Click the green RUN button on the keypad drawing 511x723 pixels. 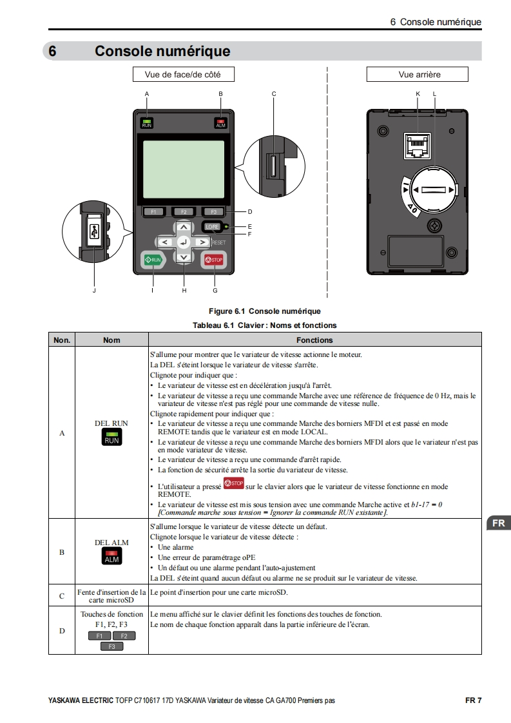point(153,260)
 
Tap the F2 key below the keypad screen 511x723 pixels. point(184,211)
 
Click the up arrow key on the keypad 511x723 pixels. point(184,227)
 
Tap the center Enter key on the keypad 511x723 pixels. point(184,242)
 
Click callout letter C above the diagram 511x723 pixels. point(274,94)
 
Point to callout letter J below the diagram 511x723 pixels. point(94,290)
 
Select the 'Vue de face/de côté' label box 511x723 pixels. point(182,75)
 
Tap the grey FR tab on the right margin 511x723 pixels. point(498,523)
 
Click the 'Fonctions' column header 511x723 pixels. point(314,340)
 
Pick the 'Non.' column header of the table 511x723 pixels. point(62,340)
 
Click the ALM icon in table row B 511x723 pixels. point(112,557)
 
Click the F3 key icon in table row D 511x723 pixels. point(111,646)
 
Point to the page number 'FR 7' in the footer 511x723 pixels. point(473,700)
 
